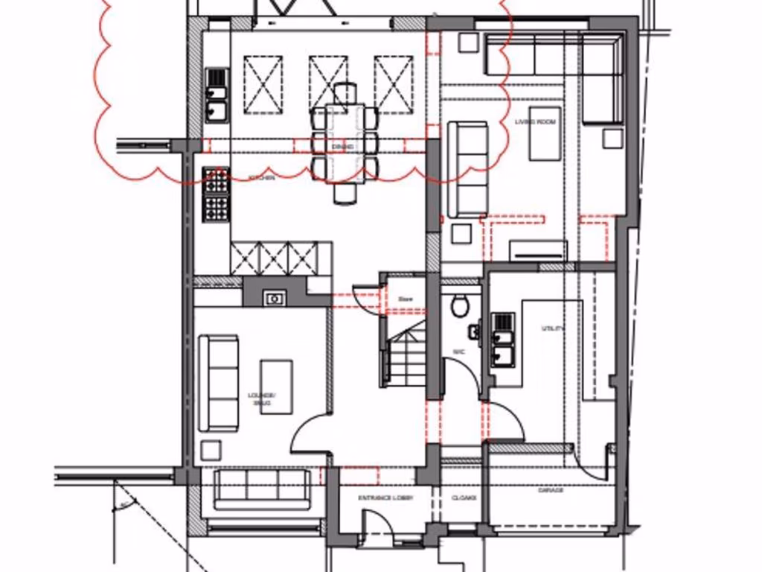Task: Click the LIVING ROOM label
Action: coord(541,121)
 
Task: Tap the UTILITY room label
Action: coord(554,328)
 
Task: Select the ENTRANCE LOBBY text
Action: coord(385,498)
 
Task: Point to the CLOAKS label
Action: coord(464,498)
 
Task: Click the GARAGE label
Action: coord(551,490)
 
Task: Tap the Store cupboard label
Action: coord(406,299)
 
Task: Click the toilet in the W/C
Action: coord(459,305)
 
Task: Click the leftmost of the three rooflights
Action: coord(263,83)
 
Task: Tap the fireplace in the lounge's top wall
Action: coord(275,298)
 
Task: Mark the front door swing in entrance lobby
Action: coord(377,526)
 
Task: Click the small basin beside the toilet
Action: coord(473,330)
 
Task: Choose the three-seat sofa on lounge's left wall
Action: coord(218,383)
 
